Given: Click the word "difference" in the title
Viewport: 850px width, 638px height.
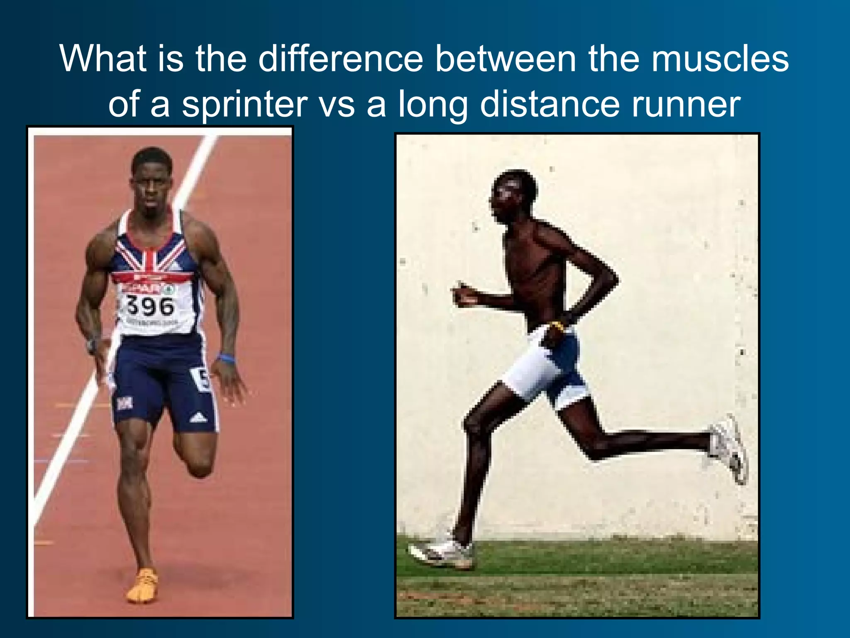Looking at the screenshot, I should (340, 59).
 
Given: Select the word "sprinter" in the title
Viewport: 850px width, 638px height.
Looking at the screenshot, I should (244, 105).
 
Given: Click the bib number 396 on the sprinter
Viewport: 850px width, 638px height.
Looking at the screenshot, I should (150, 306).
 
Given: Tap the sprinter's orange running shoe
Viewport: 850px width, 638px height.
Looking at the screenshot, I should (142, 585).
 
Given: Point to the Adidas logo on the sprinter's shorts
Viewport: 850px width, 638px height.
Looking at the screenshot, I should (198, 417).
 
